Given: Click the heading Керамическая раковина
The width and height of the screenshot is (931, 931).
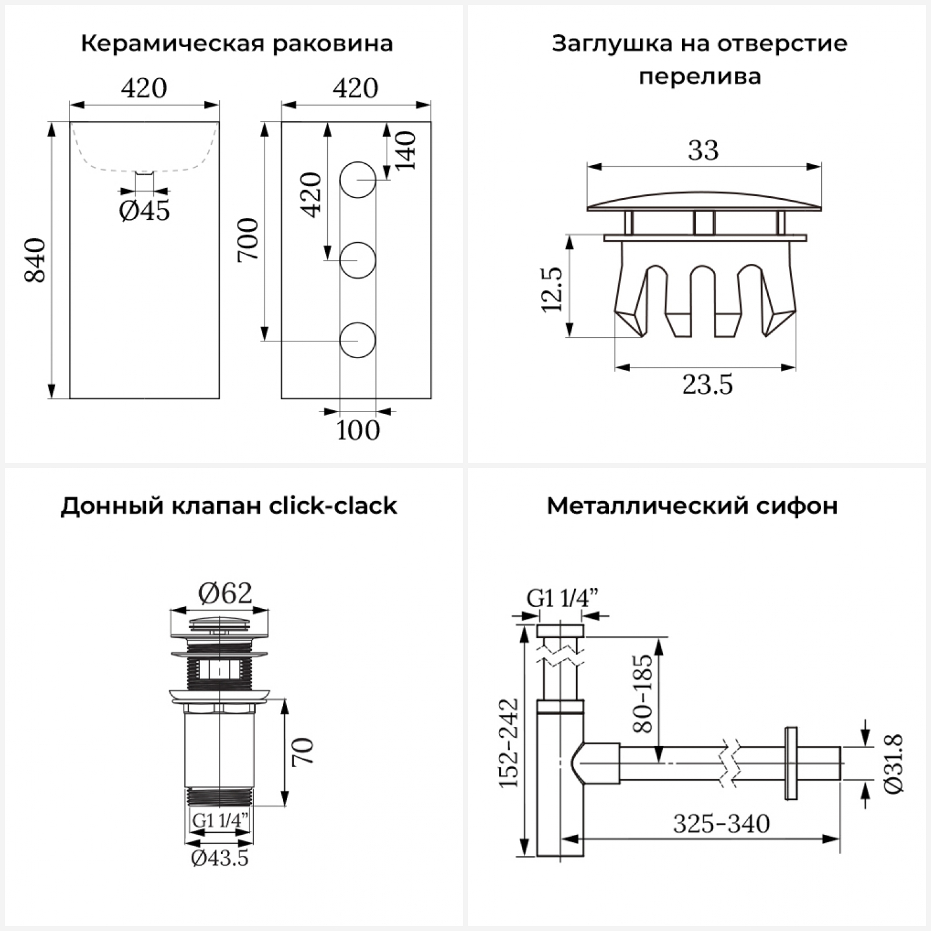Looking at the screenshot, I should click(x=236, y=44).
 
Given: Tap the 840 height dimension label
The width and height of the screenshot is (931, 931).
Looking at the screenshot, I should click(x=35, y=260).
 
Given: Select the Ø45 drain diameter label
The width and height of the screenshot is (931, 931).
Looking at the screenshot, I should click(x=144, y=211).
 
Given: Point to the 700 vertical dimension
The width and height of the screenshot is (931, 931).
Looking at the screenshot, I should click(x=248, y=240).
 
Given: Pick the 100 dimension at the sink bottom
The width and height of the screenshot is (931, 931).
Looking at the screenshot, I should click(x=358, y=430).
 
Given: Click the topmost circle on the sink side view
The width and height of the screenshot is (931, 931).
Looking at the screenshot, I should click(x=358, y=180).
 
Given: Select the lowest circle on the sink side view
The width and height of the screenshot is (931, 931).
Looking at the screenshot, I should click(x=358, y=341).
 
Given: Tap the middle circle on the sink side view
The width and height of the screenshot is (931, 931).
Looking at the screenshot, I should click(x=358, y=259).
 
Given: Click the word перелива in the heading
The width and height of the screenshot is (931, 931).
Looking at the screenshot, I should click(x=699, y=77).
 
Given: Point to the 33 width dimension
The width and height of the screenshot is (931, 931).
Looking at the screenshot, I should click(x=703, y=150).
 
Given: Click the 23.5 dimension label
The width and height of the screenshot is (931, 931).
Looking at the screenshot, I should click(x=708, y=385).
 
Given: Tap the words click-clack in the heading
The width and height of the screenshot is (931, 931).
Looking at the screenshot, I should click(x=333, y=506).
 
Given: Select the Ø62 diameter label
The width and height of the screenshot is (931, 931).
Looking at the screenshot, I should click(x=225, y=594).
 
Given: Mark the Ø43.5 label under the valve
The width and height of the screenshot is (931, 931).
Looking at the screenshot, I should click(x=220, y=858).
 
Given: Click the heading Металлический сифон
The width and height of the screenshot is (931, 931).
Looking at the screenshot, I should click(x=692, y=506).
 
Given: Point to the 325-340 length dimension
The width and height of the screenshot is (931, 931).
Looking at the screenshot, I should click(x=721, y=824).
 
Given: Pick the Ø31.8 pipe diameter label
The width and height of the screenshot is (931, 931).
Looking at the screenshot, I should click(x=894, y=763).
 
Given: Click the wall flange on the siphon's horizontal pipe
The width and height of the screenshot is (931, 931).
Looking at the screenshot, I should click(x=791, y=763).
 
